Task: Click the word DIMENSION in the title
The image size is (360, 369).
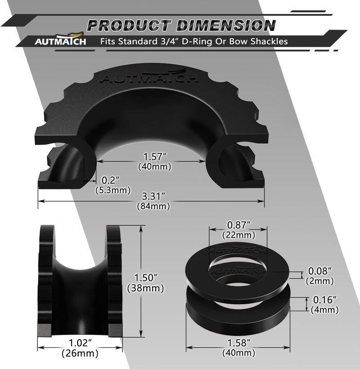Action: coord(226,26)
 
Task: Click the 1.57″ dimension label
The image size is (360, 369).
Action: coord(155,156)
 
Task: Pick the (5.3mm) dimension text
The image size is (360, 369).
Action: coord(113,190)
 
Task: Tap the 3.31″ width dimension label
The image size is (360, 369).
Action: coord(153,196)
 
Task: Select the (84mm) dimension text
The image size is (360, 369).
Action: coord(153,206)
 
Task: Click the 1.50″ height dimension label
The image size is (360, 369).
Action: coord(145,278)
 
